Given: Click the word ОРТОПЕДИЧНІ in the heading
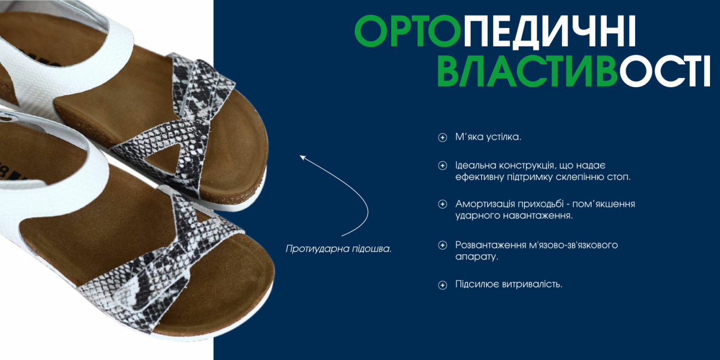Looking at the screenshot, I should [x=495, y=31].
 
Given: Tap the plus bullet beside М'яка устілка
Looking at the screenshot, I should [x=442, y=138].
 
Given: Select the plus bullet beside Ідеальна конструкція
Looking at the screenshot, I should [x=442, y=166].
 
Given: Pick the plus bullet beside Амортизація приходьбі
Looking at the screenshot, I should [x=442, y=204].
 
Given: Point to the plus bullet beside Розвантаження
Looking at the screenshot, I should [x=442, y=245].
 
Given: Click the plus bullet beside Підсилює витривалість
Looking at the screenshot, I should [x=442, y=285].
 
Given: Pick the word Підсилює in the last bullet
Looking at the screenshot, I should [x=477, y=285].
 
